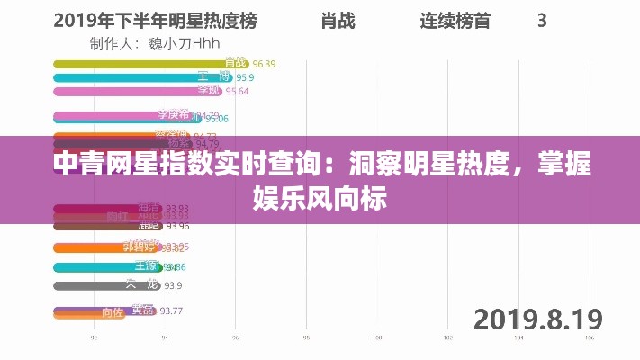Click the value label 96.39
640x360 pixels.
coord(264,64)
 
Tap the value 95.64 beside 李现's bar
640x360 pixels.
coord(237,91)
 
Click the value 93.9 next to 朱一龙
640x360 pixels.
coord(171,286)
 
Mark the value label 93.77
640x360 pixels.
coord(171,311)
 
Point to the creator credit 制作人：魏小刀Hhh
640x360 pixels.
coord(155,42)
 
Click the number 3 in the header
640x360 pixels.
coord(542,19)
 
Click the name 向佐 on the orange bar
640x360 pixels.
coord(112,313)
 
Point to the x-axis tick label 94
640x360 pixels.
coord(163,338)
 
